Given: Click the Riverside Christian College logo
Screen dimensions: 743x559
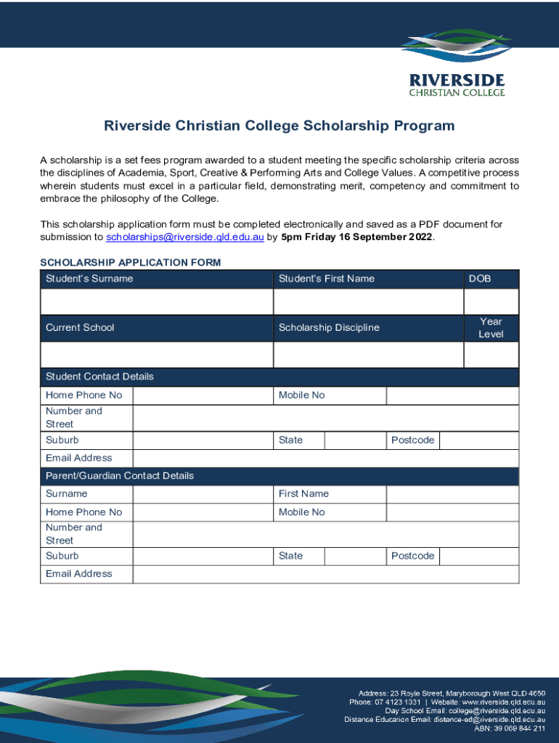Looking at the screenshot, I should [457, 63].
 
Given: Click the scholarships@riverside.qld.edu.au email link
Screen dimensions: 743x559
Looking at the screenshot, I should [185, 237].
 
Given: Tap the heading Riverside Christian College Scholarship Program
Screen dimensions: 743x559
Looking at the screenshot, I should [279, 126].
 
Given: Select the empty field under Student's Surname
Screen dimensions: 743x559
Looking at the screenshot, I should [157, 301].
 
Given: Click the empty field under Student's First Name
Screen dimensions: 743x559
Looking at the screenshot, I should [368, 301].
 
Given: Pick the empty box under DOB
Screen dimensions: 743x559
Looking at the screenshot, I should [491, 301].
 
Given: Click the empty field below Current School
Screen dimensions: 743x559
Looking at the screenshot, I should [157, 354].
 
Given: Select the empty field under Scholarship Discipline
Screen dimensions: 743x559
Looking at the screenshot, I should [368, 354].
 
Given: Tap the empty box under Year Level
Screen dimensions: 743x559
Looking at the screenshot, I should [491, 354].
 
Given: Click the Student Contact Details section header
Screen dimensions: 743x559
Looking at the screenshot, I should [99, 377].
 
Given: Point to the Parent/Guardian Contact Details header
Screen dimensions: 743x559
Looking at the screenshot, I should [120, 476].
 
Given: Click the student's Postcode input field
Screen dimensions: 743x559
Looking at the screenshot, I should [479, 440].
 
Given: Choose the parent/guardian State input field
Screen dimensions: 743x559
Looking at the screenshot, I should [354, 557].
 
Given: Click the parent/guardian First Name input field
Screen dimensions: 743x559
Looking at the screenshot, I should [452, 494].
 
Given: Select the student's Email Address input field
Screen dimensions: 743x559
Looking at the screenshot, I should [325, 459].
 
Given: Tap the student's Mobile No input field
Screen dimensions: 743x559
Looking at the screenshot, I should [452, 395].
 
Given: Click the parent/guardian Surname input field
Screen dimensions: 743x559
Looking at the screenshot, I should [203, 494].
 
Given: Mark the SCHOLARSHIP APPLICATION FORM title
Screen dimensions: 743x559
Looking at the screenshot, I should [131, 262].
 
